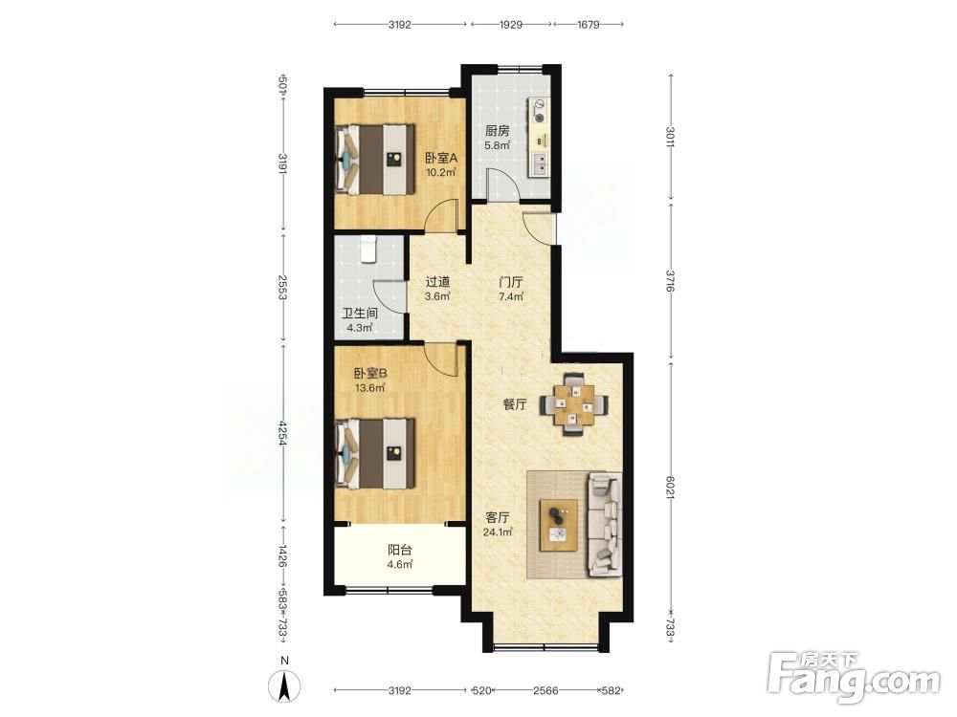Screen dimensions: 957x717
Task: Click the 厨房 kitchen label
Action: (498, 130)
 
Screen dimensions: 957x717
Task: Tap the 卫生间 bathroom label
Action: (360, 314)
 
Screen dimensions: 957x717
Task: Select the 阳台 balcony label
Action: (400, 550)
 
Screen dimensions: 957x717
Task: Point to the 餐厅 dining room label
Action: (515, 404)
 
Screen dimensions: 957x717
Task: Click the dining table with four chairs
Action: (573, 404)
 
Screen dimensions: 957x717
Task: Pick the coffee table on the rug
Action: (559, 525)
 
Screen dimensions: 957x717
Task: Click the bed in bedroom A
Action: (375, 160)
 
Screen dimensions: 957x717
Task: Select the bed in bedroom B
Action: (375, 453)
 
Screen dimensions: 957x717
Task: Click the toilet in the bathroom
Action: (368, 249)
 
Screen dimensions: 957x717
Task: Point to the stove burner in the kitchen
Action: (540, 111)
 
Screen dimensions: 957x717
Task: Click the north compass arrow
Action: (284, 685)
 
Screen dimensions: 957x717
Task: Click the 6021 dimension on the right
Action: (670, 489)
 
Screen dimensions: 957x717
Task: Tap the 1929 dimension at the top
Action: (510, 25)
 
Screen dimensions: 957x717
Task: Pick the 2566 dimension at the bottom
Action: (545, 691)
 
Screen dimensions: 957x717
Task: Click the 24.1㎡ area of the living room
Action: (498, 532)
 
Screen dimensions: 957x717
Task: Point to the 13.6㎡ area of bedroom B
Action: (369, 388)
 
